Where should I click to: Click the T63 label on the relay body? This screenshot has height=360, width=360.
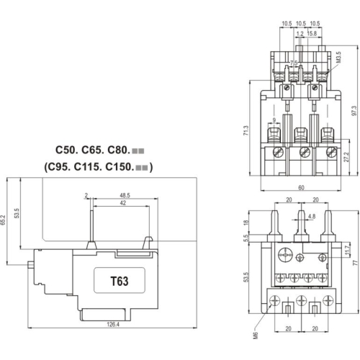point(119,282)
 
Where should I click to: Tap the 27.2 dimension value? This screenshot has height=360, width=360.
point(346,157)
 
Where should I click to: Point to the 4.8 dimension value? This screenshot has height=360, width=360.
point(311,215)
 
